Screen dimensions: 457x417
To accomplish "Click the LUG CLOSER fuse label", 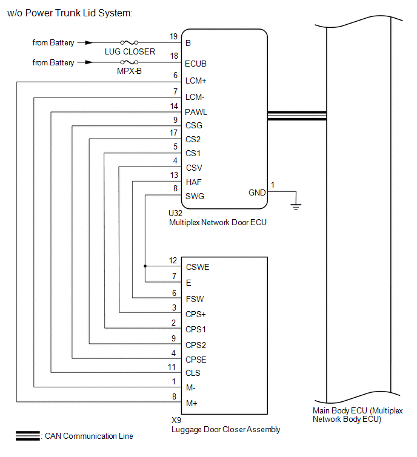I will pyautogui.click(x=130, y=51).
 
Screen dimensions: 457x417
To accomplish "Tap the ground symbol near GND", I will pyautogui.click(x=295, y=206).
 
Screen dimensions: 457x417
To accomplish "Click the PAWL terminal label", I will pyautogui.click(x=196, y=112).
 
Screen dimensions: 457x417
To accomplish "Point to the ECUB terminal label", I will pyautogui.click(x=196, y=63).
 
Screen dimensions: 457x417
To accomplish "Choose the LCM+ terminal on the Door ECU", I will pyautogui.click(x=196, y=81).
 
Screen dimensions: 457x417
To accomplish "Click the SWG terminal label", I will pyautogui.click(x=195, y=196).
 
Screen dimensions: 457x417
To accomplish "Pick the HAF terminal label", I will pyautogui.click(x=194, y=182).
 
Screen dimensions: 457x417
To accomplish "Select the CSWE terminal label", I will pyautogui.click(x=198, y=266).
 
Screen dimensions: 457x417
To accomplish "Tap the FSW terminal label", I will pyautogui.click(x=195, y=299).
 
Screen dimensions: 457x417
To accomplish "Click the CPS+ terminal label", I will pyautogui.click(x=196, y=314).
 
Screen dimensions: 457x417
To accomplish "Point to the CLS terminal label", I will pyautogui.click(x=193, y=373).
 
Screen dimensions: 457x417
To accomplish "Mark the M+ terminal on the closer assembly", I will pyautogui.click(x=192, y=403).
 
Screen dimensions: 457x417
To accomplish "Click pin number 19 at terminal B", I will pyautogui.click(x=173, y=36).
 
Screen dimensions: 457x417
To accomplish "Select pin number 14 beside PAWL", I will pyautogui.click(x=173, y=106).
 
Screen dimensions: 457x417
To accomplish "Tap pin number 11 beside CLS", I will pyautogui.click(x=172, y=367).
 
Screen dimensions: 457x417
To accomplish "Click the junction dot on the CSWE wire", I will pyautogui.click(x=145, y=266).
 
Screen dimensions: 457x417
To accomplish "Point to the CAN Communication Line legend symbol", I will pyautogui.click(x=27, y=436).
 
